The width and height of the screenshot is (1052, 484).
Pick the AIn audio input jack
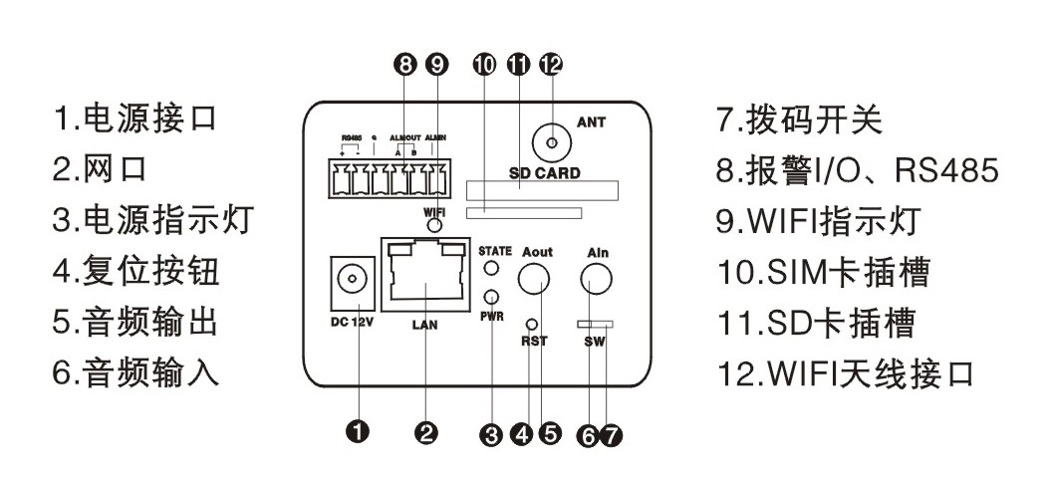coord(597,286)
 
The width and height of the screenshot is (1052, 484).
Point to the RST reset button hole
coord(532,325)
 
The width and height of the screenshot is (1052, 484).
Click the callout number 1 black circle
coord(357,431)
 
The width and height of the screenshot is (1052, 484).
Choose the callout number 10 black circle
coord(484,65)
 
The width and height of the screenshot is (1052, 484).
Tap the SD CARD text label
coord(544,172)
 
